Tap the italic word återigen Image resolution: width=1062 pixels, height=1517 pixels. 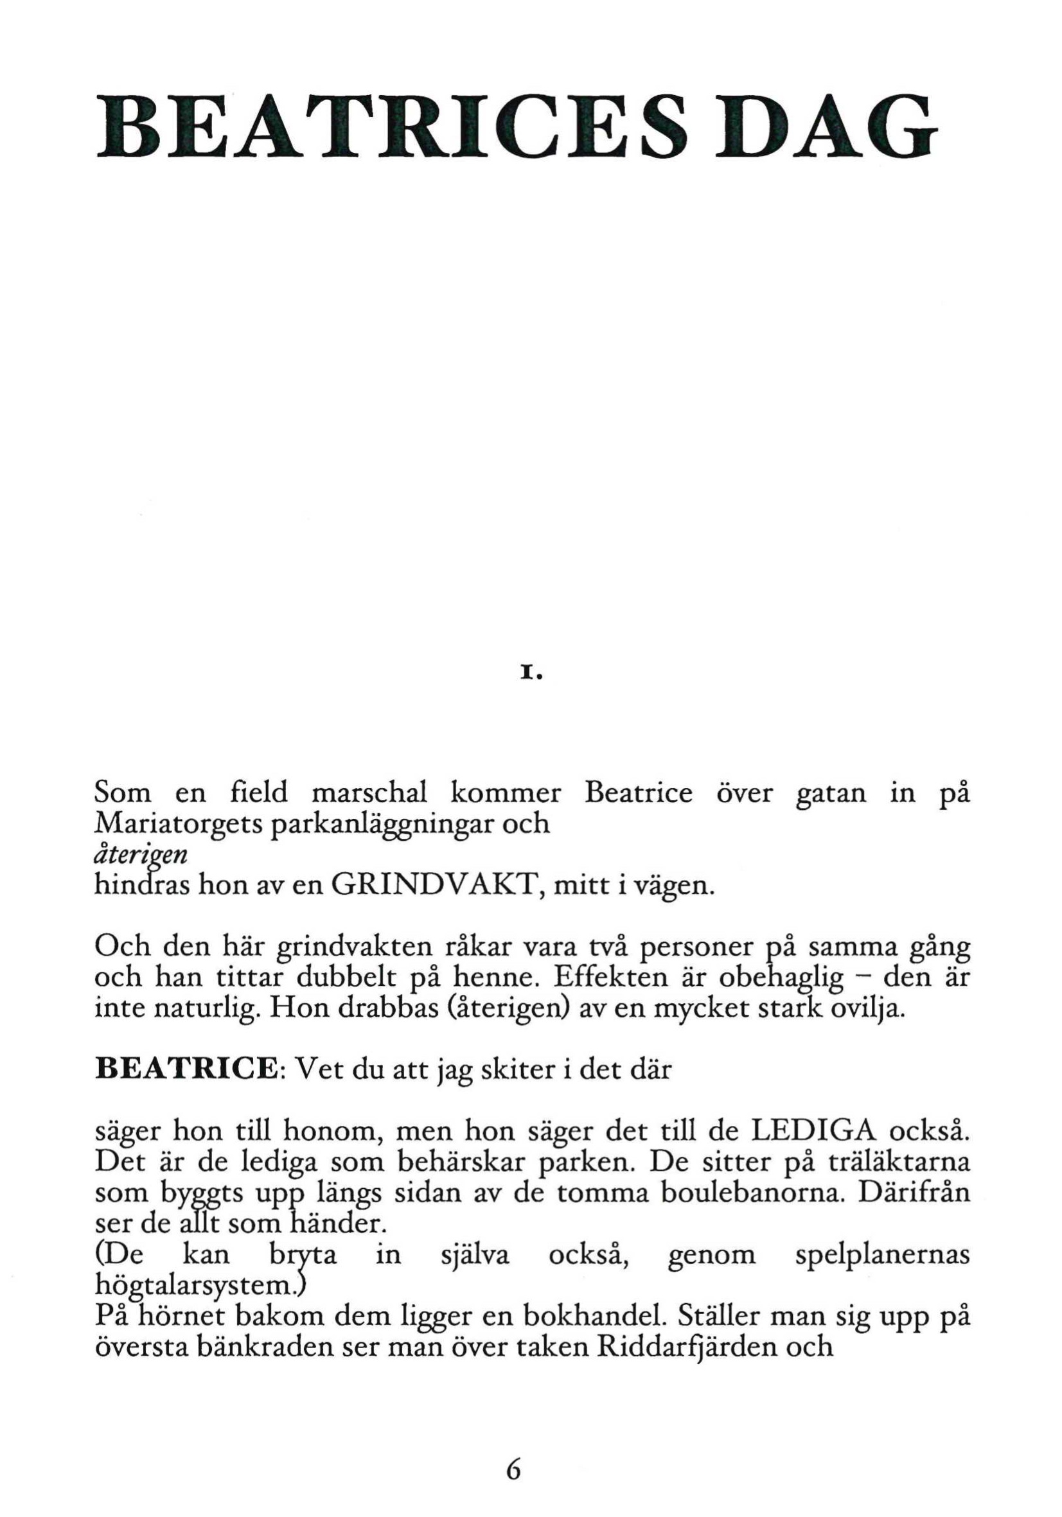[141, 856]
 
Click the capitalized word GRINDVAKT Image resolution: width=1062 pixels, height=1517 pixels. [437, 884]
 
